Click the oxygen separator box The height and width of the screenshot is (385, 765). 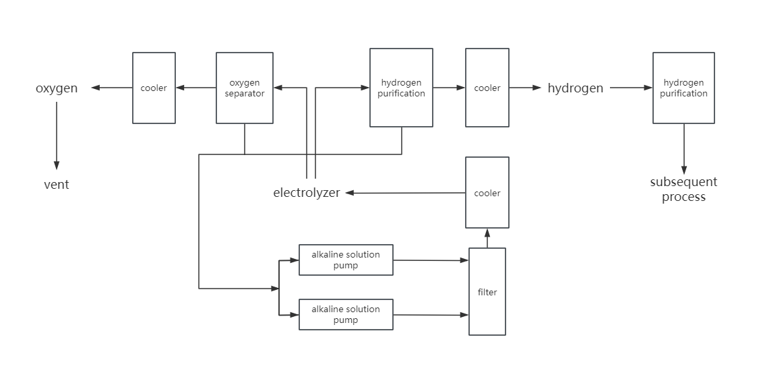[x=244, y=88]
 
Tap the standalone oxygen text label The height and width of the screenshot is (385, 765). [x=57, y=88]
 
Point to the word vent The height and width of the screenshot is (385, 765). [x=57, y=185]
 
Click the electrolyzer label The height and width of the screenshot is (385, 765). [x=307, y=193]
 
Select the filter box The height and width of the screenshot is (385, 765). [x=487, y=292]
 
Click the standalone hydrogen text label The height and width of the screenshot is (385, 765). [x=575, y=88]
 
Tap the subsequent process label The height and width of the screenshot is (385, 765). [x=683, y=189]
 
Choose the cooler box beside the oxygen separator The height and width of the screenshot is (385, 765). [x=154, y=88]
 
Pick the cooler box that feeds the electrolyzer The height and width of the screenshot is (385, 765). [x=487, y=193]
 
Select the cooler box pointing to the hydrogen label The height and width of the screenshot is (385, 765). [x=487, y=88]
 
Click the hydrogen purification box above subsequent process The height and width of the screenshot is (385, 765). [x=683, y=88]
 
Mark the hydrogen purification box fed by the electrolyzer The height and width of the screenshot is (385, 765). [x=401, y=88]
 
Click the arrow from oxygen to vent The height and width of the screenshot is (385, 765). [x=57, y=135]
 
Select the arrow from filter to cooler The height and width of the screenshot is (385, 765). [x=487, y=238]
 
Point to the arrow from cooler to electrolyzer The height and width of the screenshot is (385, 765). [x=404, y=193]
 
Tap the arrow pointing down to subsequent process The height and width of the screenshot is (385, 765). [x=683, y=148]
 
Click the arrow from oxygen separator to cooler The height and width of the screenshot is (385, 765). [x=195, y=88]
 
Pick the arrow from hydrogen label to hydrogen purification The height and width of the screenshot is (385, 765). [x=630, y=88]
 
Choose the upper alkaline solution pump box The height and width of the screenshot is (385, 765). [x=346, y=260]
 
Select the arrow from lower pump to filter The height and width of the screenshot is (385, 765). [x=431, y=315]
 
